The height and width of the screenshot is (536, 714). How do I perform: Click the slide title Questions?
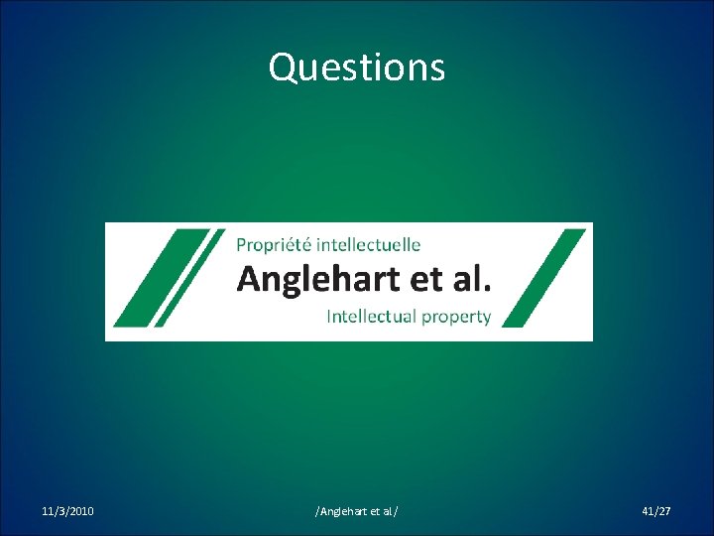[357, 67]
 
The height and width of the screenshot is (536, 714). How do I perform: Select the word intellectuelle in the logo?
[369, 244]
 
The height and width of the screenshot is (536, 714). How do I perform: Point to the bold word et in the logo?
[425, 279]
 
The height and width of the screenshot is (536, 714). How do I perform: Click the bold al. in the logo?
[469, 279]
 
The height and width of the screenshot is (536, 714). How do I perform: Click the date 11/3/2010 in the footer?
[68, 511]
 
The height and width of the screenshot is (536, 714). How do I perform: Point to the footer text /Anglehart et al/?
[357, 511]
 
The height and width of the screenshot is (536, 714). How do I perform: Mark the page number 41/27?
[656, 511]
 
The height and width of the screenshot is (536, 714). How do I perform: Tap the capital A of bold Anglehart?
[249, 279]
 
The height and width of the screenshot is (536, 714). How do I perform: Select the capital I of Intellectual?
[330, 317]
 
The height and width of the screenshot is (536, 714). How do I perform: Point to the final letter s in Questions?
[437, 69]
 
